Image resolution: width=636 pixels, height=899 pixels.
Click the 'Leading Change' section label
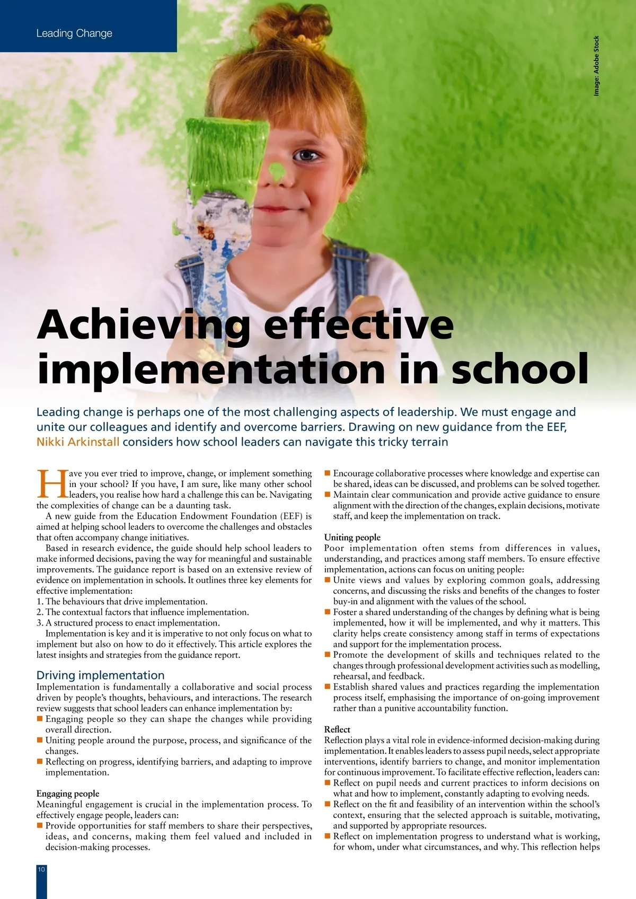point(74,33)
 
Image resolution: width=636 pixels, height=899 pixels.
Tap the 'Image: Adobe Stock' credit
point(596,66)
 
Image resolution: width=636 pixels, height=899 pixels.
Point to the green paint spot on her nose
point(277,170)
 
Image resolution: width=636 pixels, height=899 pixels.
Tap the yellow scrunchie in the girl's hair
point(303,38)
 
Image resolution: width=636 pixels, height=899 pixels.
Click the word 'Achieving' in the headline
point(143,324)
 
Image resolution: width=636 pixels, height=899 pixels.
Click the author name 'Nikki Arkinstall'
point(78,442)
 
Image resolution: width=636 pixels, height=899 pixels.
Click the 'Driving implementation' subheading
point(100,675)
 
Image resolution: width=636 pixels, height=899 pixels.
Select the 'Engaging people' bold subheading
point(67,793)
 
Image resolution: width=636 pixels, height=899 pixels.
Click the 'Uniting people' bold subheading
point(352,537)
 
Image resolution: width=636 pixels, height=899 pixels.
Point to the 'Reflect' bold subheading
point(337,729)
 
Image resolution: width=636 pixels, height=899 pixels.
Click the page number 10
point(41,869)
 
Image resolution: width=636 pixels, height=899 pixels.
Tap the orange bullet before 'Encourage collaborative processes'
point(328,473)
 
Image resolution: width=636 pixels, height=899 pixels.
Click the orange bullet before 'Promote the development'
point(328,655)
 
